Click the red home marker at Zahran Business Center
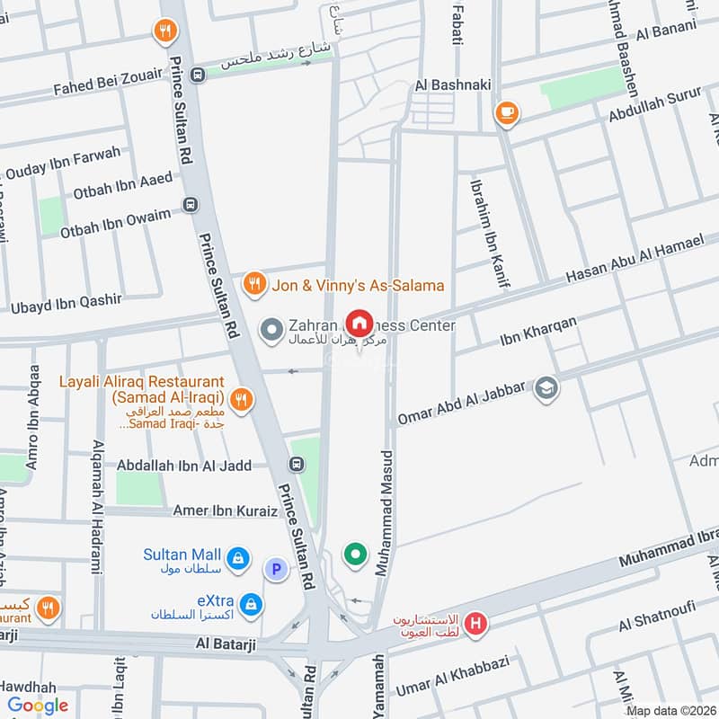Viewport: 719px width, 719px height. click(x=359, y=323)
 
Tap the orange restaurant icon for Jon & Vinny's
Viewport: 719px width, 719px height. click(x=254, y=285)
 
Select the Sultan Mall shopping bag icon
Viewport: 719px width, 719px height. click(x=237, y=559)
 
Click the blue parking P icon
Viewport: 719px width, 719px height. click(x=275, y=568)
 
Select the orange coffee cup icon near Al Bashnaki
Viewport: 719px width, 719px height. click(x=506, y=113)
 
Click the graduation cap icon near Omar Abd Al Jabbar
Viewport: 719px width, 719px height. click(x=546, y=388)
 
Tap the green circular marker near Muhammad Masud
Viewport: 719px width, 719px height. click(x=356, y=555)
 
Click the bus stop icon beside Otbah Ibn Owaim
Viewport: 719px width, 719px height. click(x=190, y=205)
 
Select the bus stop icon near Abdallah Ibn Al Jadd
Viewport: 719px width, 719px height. click(x=296, y=465)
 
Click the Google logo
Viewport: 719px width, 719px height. click(x=38, y=706)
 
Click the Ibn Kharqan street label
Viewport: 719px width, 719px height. click(x=537, y=332)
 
